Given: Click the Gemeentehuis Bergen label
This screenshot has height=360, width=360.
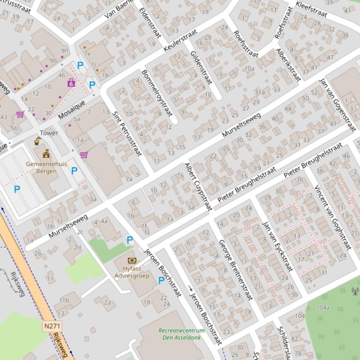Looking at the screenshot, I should [46, 167].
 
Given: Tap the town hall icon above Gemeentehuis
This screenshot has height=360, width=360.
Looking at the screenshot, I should [46, 154].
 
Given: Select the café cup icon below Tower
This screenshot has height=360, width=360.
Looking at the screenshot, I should [37, 142].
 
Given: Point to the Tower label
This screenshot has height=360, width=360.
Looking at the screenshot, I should [49, 133].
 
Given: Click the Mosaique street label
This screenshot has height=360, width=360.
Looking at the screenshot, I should [72, 109].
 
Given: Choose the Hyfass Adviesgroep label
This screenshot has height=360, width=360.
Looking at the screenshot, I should [132, 272].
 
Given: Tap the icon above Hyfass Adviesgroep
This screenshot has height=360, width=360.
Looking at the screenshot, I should [132, 260].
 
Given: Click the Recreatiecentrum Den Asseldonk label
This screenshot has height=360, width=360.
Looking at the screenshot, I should [181, 334].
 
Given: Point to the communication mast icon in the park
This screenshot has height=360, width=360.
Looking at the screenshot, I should [355, 291].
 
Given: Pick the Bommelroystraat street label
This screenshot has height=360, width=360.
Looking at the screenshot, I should [157, 93].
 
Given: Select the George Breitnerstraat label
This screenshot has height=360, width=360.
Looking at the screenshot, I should [235, 270].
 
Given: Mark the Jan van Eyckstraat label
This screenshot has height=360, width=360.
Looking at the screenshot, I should [277, 246].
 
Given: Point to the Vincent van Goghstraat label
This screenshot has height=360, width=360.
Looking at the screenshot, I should [332, 217].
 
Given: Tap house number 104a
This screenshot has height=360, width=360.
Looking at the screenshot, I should [323, 308].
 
